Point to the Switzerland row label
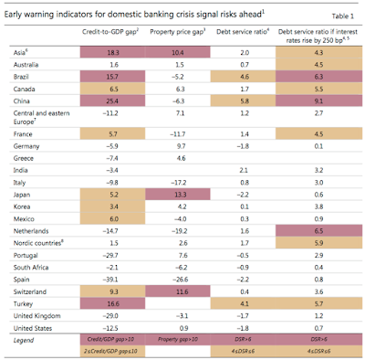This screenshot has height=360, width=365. (x=36, y=263)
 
